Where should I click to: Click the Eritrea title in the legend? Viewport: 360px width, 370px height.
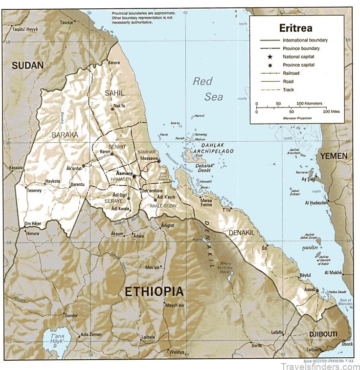pos(296,28)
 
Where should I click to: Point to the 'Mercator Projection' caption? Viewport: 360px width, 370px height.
pos(296,118)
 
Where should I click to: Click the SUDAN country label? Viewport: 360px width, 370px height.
pos(28,65)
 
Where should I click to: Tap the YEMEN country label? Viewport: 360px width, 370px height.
pos(334,156)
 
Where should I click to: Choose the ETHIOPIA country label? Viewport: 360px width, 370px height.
pos(154,292)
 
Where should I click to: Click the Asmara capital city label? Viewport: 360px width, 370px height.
pos(124,173)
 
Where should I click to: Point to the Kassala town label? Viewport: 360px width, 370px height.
pos(16,168)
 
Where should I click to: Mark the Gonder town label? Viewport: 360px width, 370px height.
pos(71,316)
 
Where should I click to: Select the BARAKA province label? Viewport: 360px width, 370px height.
pos(65,133)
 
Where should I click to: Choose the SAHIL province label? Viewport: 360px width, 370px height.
pos(115,92)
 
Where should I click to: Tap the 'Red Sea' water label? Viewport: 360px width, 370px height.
pos(207,89)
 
